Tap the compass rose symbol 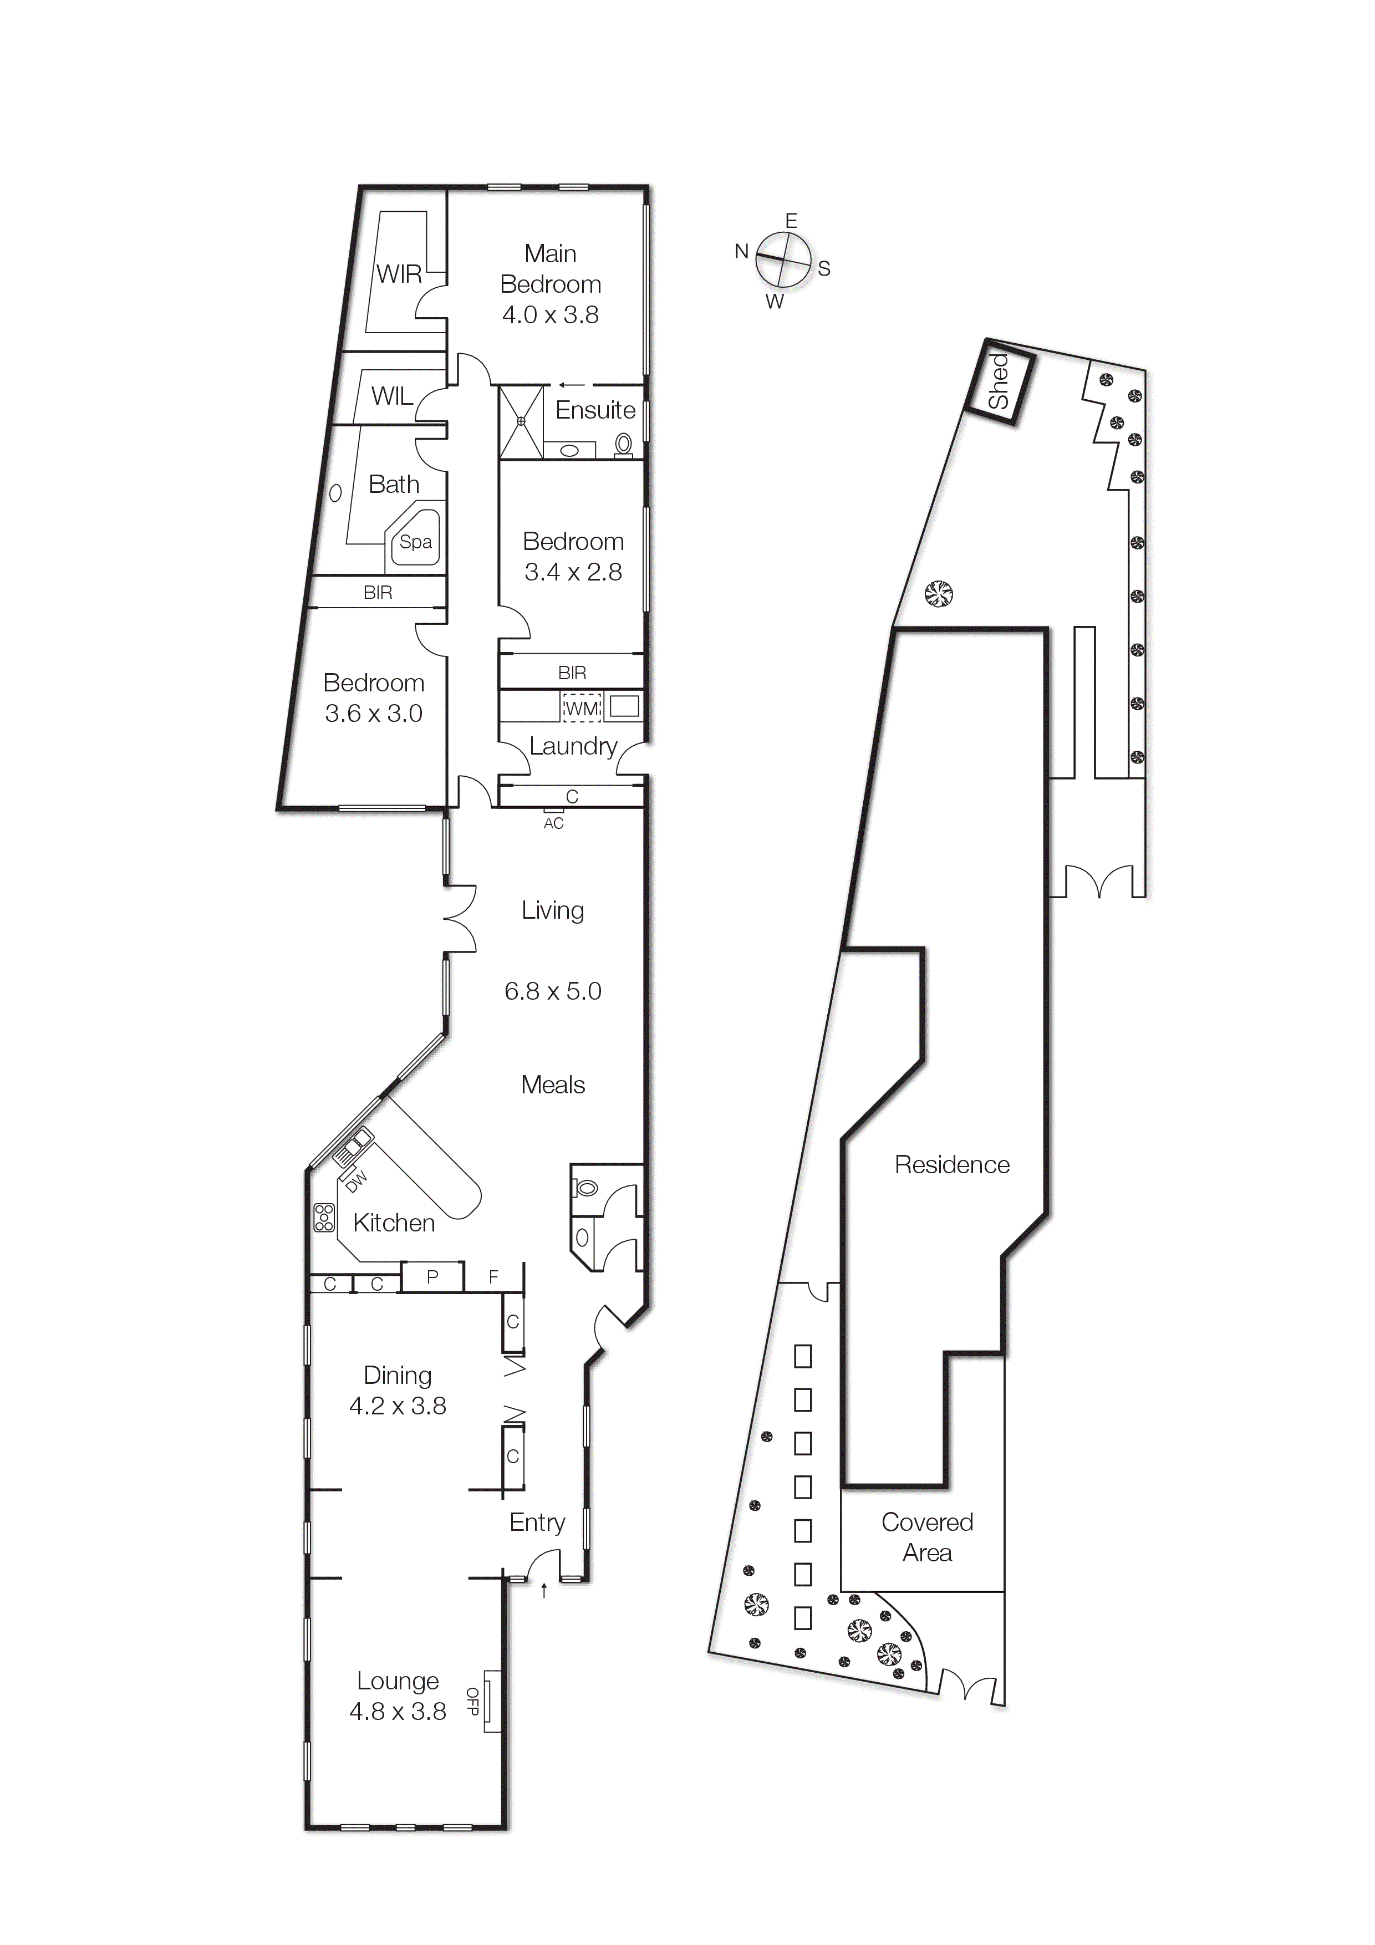783,260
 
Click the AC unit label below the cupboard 553,823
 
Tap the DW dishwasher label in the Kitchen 357,1180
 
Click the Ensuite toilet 624,444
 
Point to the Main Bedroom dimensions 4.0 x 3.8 551,315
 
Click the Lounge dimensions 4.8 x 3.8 398,1711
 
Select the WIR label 399,274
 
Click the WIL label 392,396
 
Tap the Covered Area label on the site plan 927,1537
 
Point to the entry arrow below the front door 544,1591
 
